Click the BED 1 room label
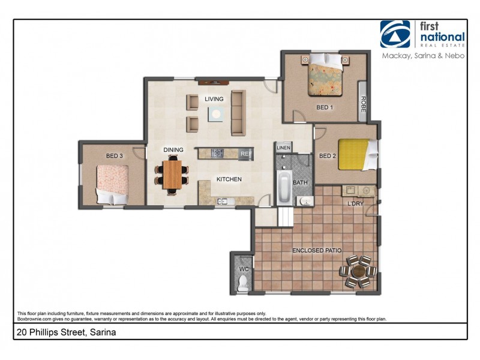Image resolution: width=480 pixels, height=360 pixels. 324,107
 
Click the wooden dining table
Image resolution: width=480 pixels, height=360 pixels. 172,174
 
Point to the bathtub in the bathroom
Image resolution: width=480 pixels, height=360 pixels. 284,188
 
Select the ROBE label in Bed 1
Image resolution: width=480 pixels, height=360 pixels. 363,106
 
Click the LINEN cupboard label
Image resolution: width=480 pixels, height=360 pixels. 283,148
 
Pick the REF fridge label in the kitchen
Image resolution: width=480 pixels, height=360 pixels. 245,154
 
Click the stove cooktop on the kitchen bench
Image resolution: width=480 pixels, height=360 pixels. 217,154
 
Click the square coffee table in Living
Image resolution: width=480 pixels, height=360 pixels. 215,113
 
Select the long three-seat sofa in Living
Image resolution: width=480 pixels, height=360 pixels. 238,113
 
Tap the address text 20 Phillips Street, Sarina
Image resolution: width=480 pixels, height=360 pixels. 66,332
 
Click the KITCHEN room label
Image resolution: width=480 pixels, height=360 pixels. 229,179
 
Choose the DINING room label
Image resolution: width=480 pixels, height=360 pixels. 173,150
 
